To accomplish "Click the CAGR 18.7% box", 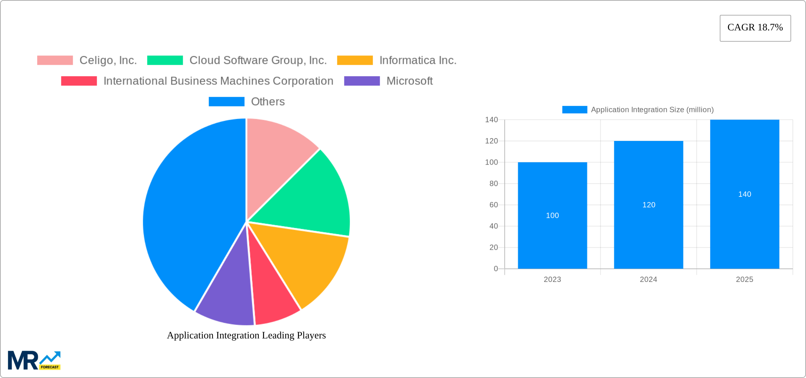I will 755,28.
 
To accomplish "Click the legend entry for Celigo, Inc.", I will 108,60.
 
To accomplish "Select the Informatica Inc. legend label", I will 418,60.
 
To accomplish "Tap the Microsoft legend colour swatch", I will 362,81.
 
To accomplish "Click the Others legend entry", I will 268,102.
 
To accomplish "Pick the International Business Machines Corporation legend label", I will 218,81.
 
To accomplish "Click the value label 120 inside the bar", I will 649,205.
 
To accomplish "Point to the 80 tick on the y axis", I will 493,184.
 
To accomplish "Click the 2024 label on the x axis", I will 648,279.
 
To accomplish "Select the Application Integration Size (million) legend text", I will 652,110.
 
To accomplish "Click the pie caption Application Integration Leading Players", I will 246,335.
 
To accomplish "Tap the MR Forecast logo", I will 34,360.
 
